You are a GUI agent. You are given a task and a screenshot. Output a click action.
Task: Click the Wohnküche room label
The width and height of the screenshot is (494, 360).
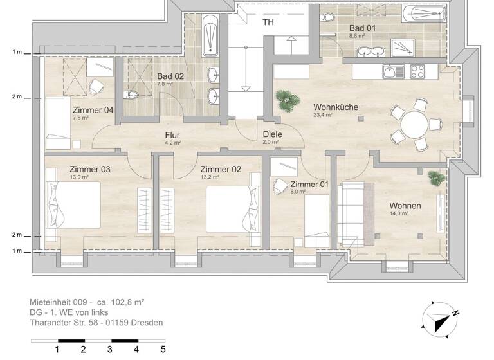point(335,107)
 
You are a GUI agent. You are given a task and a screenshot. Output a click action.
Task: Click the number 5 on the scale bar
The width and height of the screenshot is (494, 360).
point(163,349)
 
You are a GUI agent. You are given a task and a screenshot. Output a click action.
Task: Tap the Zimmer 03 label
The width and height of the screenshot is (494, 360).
point(90,170)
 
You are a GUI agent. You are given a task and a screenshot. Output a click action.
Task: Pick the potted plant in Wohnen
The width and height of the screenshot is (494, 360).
point(437,176)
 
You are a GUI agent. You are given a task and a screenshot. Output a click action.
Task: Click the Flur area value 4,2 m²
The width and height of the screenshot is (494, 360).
point(172,143)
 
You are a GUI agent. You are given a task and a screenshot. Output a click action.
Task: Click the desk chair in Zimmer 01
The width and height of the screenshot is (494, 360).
point(280,185)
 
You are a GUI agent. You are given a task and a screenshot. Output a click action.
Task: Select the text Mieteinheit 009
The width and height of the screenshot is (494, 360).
point(59,301)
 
